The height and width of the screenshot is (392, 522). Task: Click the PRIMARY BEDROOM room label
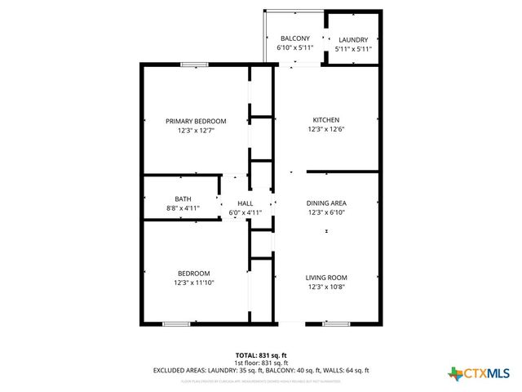[x=196, y=121]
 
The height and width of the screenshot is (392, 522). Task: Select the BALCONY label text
[x=294, y=38]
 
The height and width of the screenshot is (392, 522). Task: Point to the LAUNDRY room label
[x=353, y=39]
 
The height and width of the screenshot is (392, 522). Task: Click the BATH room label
[x=183, y=198]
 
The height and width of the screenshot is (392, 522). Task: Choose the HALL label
[x=245, y=203]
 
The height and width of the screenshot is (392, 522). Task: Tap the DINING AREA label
[x=326, y=203]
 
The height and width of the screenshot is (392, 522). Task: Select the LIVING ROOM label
[x=327, y=277]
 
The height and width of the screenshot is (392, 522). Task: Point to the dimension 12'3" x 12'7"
[x=196, y=131]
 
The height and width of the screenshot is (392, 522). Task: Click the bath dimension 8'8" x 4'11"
[x=183, y=208]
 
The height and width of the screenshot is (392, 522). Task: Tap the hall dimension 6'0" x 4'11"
[x=245, y=213]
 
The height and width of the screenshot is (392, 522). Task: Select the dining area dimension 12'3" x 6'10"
[x=326, y=212]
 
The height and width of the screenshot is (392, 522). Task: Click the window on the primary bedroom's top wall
[x=194, y=65]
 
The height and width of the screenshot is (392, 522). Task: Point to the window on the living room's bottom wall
[x=337, y=324]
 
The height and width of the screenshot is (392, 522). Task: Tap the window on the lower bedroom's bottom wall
[x=176, y=324]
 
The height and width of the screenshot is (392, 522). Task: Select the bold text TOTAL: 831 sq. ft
[x=261, y=355]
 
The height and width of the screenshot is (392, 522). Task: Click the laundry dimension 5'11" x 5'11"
[x=353, y=49]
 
